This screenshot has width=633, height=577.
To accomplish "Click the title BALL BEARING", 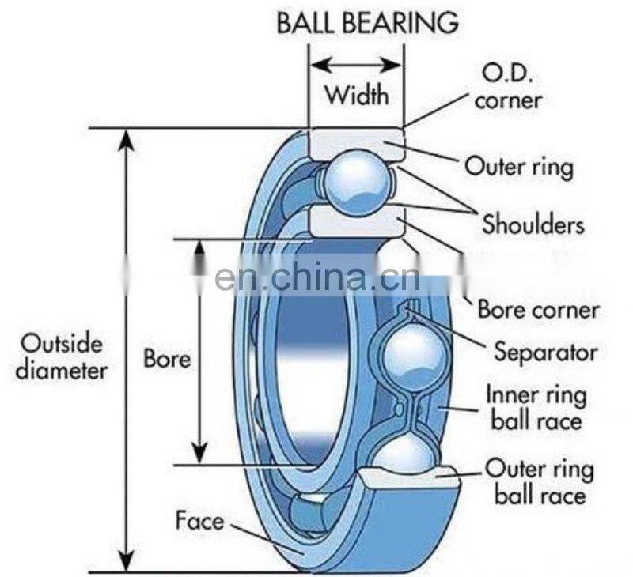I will pyautogui.click(x=367, y=21).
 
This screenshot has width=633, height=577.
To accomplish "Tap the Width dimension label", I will pyautogui.click(x=357, y=96).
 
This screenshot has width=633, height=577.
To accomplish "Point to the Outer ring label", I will pyautogui.click(x=518, y=167).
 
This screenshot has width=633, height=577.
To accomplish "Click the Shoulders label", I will pyautogui.click(x=533, y=224).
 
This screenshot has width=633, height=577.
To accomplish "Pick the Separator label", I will pyautogui.click(x=545, y=351).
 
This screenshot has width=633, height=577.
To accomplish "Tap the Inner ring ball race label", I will pyautogui.click(x=536, y=406).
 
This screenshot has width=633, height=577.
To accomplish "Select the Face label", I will pyautogui.click(x=199, y=521).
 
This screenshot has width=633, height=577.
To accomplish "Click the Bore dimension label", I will pyautogui.click(x=166, y=360).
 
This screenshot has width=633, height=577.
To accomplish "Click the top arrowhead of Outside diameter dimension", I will pyautogui.click(x=123, y=138).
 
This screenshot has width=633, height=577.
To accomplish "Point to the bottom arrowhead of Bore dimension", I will pyautogui.click(x=200, y=455).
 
